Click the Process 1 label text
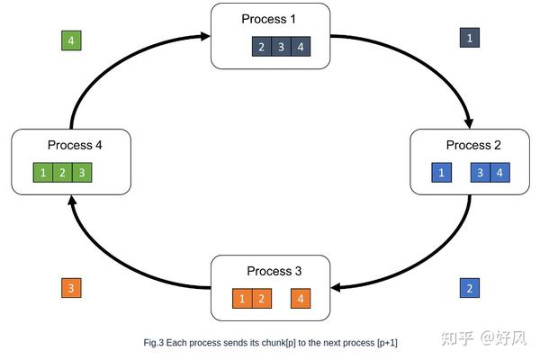268,19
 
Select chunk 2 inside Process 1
262,48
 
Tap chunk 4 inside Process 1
301,48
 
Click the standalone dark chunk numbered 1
469,38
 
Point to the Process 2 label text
468,145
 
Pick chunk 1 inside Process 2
441,172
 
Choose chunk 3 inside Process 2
481,172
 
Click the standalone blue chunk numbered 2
469,288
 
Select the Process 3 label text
269,271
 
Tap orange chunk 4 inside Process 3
301,298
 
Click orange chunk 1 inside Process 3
242,298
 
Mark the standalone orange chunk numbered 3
71,288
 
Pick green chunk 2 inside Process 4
63,172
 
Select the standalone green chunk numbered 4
71,40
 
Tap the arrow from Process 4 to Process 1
108,67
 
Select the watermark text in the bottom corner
486,337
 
